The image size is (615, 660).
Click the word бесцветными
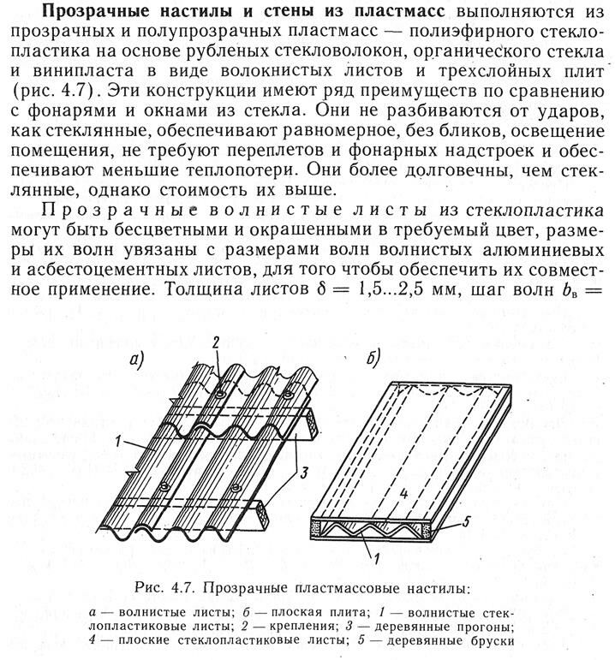tap(206, 227)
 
